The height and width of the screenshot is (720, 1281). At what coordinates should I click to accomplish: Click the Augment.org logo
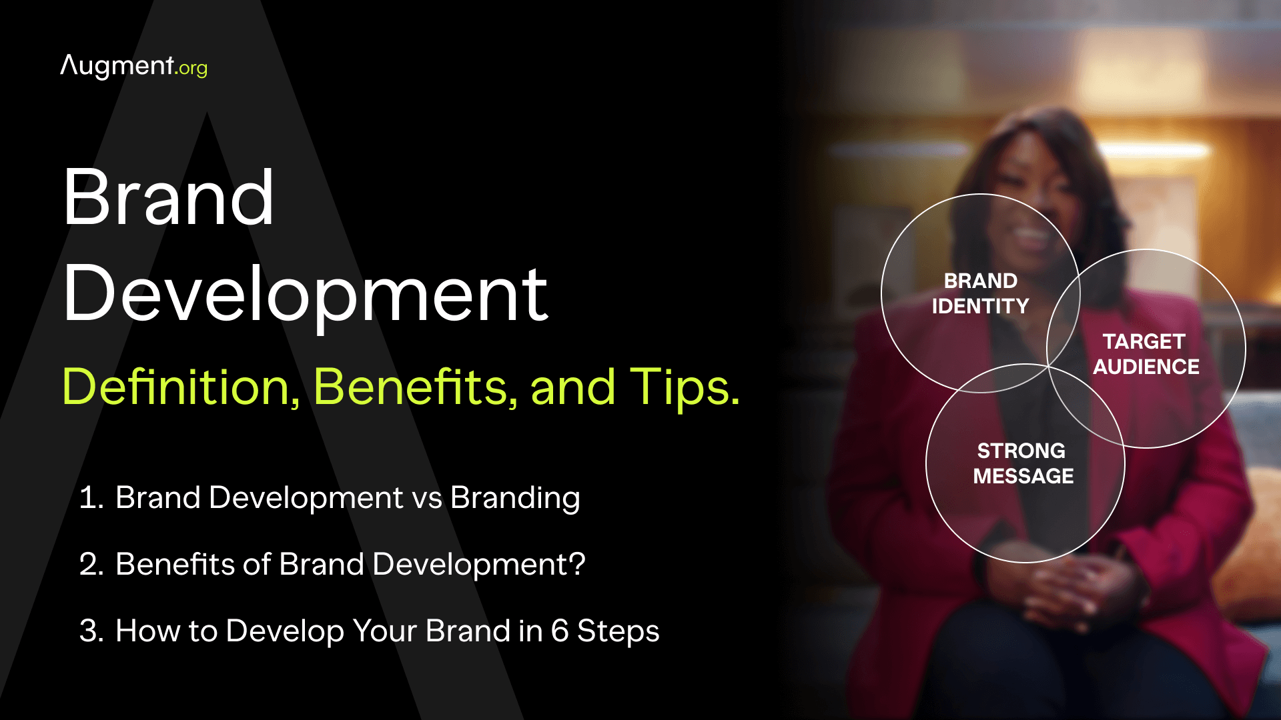point(133,67)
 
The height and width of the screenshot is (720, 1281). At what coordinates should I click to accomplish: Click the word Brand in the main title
point(168,197)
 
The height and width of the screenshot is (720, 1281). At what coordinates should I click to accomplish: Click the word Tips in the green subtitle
point(685,388)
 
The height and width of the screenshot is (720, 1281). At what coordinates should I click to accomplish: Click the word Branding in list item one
point(515,499)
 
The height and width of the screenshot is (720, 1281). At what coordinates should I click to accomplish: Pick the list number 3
point(91,631)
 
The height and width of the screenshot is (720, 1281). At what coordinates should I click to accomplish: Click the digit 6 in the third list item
point(560,631)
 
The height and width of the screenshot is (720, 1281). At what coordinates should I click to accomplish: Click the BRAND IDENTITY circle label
point(980,293)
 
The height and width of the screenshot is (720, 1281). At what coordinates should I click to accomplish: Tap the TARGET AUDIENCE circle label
point(1146,354)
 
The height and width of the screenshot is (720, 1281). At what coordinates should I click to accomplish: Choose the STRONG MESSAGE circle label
point(1023,463)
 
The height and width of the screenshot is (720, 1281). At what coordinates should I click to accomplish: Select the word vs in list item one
point(427,499)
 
